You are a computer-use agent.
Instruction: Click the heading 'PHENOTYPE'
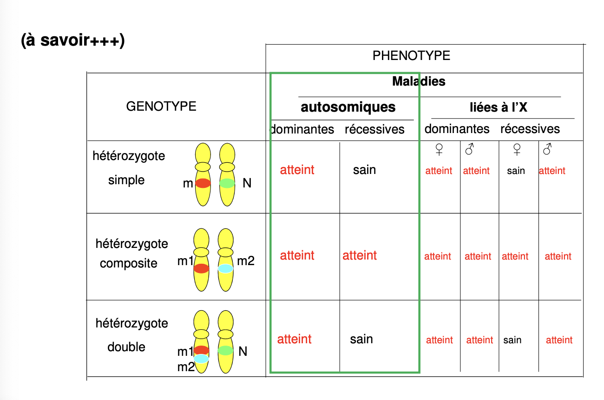click(411, 56)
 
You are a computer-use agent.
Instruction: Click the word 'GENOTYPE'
click(161, 107)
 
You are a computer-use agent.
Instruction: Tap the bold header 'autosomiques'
click(348, 107)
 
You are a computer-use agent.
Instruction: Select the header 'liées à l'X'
click(498, 107)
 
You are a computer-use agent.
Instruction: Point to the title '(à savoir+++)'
click(73, 40)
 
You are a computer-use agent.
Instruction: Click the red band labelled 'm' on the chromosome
click(203, 183)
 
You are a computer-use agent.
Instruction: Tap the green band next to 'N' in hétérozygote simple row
click(227, 183)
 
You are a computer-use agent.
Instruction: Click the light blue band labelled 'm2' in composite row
click(225, 268)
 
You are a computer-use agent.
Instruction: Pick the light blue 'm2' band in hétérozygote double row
click(201, 359)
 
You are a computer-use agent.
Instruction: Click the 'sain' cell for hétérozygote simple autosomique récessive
click(364, 170)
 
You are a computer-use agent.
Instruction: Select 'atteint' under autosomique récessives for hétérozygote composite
click(360, 255)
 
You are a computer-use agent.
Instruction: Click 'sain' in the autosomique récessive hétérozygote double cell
click(361, 339)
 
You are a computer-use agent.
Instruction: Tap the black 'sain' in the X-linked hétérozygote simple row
click(516, 171)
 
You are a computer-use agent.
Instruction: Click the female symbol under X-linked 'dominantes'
click(439, 149)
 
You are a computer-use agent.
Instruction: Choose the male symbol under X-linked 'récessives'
click(548, 149)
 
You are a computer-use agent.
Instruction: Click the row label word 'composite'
click(129, 263)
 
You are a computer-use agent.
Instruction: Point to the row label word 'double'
click(126, 347)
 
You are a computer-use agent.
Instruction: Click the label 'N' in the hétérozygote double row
click(243, 351)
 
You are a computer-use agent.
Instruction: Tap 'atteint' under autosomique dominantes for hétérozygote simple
click(297, 170)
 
